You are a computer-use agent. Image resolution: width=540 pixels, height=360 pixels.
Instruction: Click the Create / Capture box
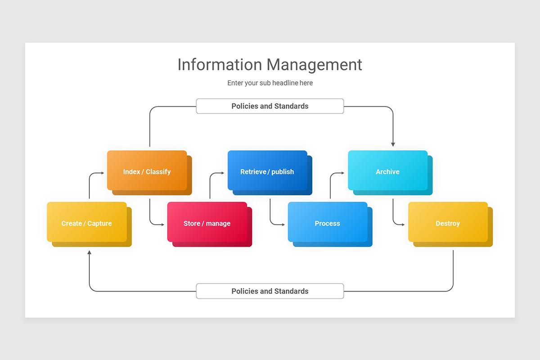pos(87,223)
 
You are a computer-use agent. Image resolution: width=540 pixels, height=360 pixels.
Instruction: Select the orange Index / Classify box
pos(147,171)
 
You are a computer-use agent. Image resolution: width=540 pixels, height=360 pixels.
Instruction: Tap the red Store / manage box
pos(207,223)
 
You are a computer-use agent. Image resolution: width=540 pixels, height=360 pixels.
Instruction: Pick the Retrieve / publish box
pos(267,171)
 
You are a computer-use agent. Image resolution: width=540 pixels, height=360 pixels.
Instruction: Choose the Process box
pos(327,223)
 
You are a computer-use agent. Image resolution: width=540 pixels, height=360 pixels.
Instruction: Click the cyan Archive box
pos(387,171)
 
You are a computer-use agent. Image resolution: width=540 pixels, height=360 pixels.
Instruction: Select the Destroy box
pos(448,223)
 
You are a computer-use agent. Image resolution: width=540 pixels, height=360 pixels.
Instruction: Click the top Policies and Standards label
pos(270,106)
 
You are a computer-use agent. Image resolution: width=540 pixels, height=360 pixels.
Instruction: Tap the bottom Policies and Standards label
pos(270,291)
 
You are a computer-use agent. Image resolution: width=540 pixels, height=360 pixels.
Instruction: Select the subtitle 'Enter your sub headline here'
pos(270,83)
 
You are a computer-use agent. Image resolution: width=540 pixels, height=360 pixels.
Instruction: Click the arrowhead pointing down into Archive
pos(393,144)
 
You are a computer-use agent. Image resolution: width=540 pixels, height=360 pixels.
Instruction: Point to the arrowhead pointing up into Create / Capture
pos(89,252)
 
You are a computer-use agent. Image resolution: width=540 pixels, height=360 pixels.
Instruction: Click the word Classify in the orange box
pos(158,171)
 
